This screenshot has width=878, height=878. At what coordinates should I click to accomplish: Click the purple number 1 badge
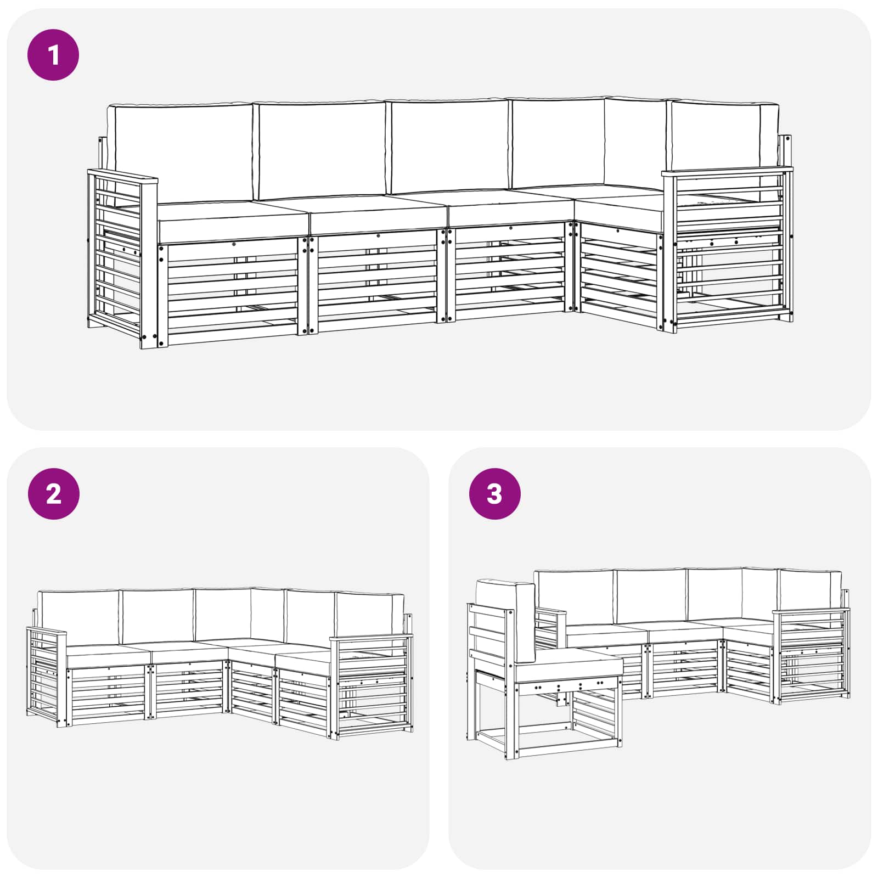(x=53, y=55)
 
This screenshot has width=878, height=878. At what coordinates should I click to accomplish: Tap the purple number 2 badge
(x=53, y=494)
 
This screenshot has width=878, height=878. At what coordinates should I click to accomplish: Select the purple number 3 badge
(x=494, y=494)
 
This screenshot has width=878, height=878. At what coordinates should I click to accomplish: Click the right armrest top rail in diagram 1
(x=727, y=171)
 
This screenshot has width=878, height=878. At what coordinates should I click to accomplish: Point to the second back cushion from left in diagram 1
(x=323, y=149)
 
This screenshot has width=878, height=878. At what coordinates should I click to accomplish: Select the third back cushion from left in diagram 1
(x=449, y=146)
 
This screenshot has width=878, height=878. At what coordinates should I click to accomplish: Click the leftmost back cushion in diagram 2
(x=79, y=617)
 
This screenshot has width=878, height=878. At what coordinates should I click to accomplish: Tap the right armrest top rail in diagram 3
(x=811, y=610)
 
